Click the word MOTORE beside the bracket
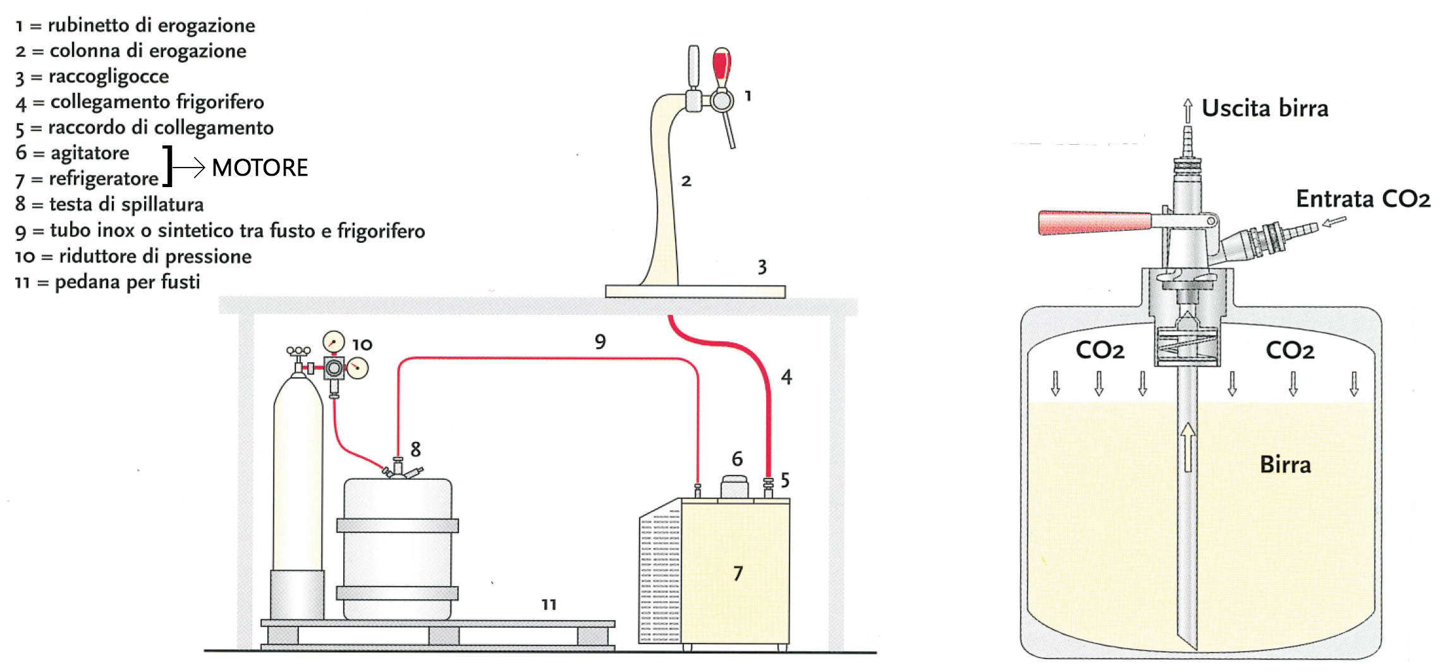pos(260,168)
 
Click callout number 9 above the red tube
pos(600,342)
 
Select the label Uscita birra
pos(1264,109)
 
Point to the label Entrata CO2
pos(1362,199)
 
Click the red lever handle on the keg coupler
pos(1094,223)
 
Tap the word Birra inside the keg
pos(1285,465)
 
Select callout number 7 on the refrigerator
pos(738,573)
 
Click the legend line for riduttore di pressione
pos(133,256)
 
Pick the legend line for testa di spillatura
pos(109,204)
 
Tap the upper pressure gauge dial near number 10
pos(333,342)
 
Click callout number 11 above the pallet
pos(549,605)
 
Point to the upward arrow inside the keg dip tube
pos(1188,446)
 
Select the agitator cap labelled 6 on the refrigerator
pos(735,486)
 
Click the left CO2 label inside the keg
pos(1100,350)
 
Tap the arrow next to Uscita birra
pos(1188,110)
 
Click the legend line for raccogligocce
pos(92,76)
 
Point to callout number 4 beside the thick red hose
pos(786,377)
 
